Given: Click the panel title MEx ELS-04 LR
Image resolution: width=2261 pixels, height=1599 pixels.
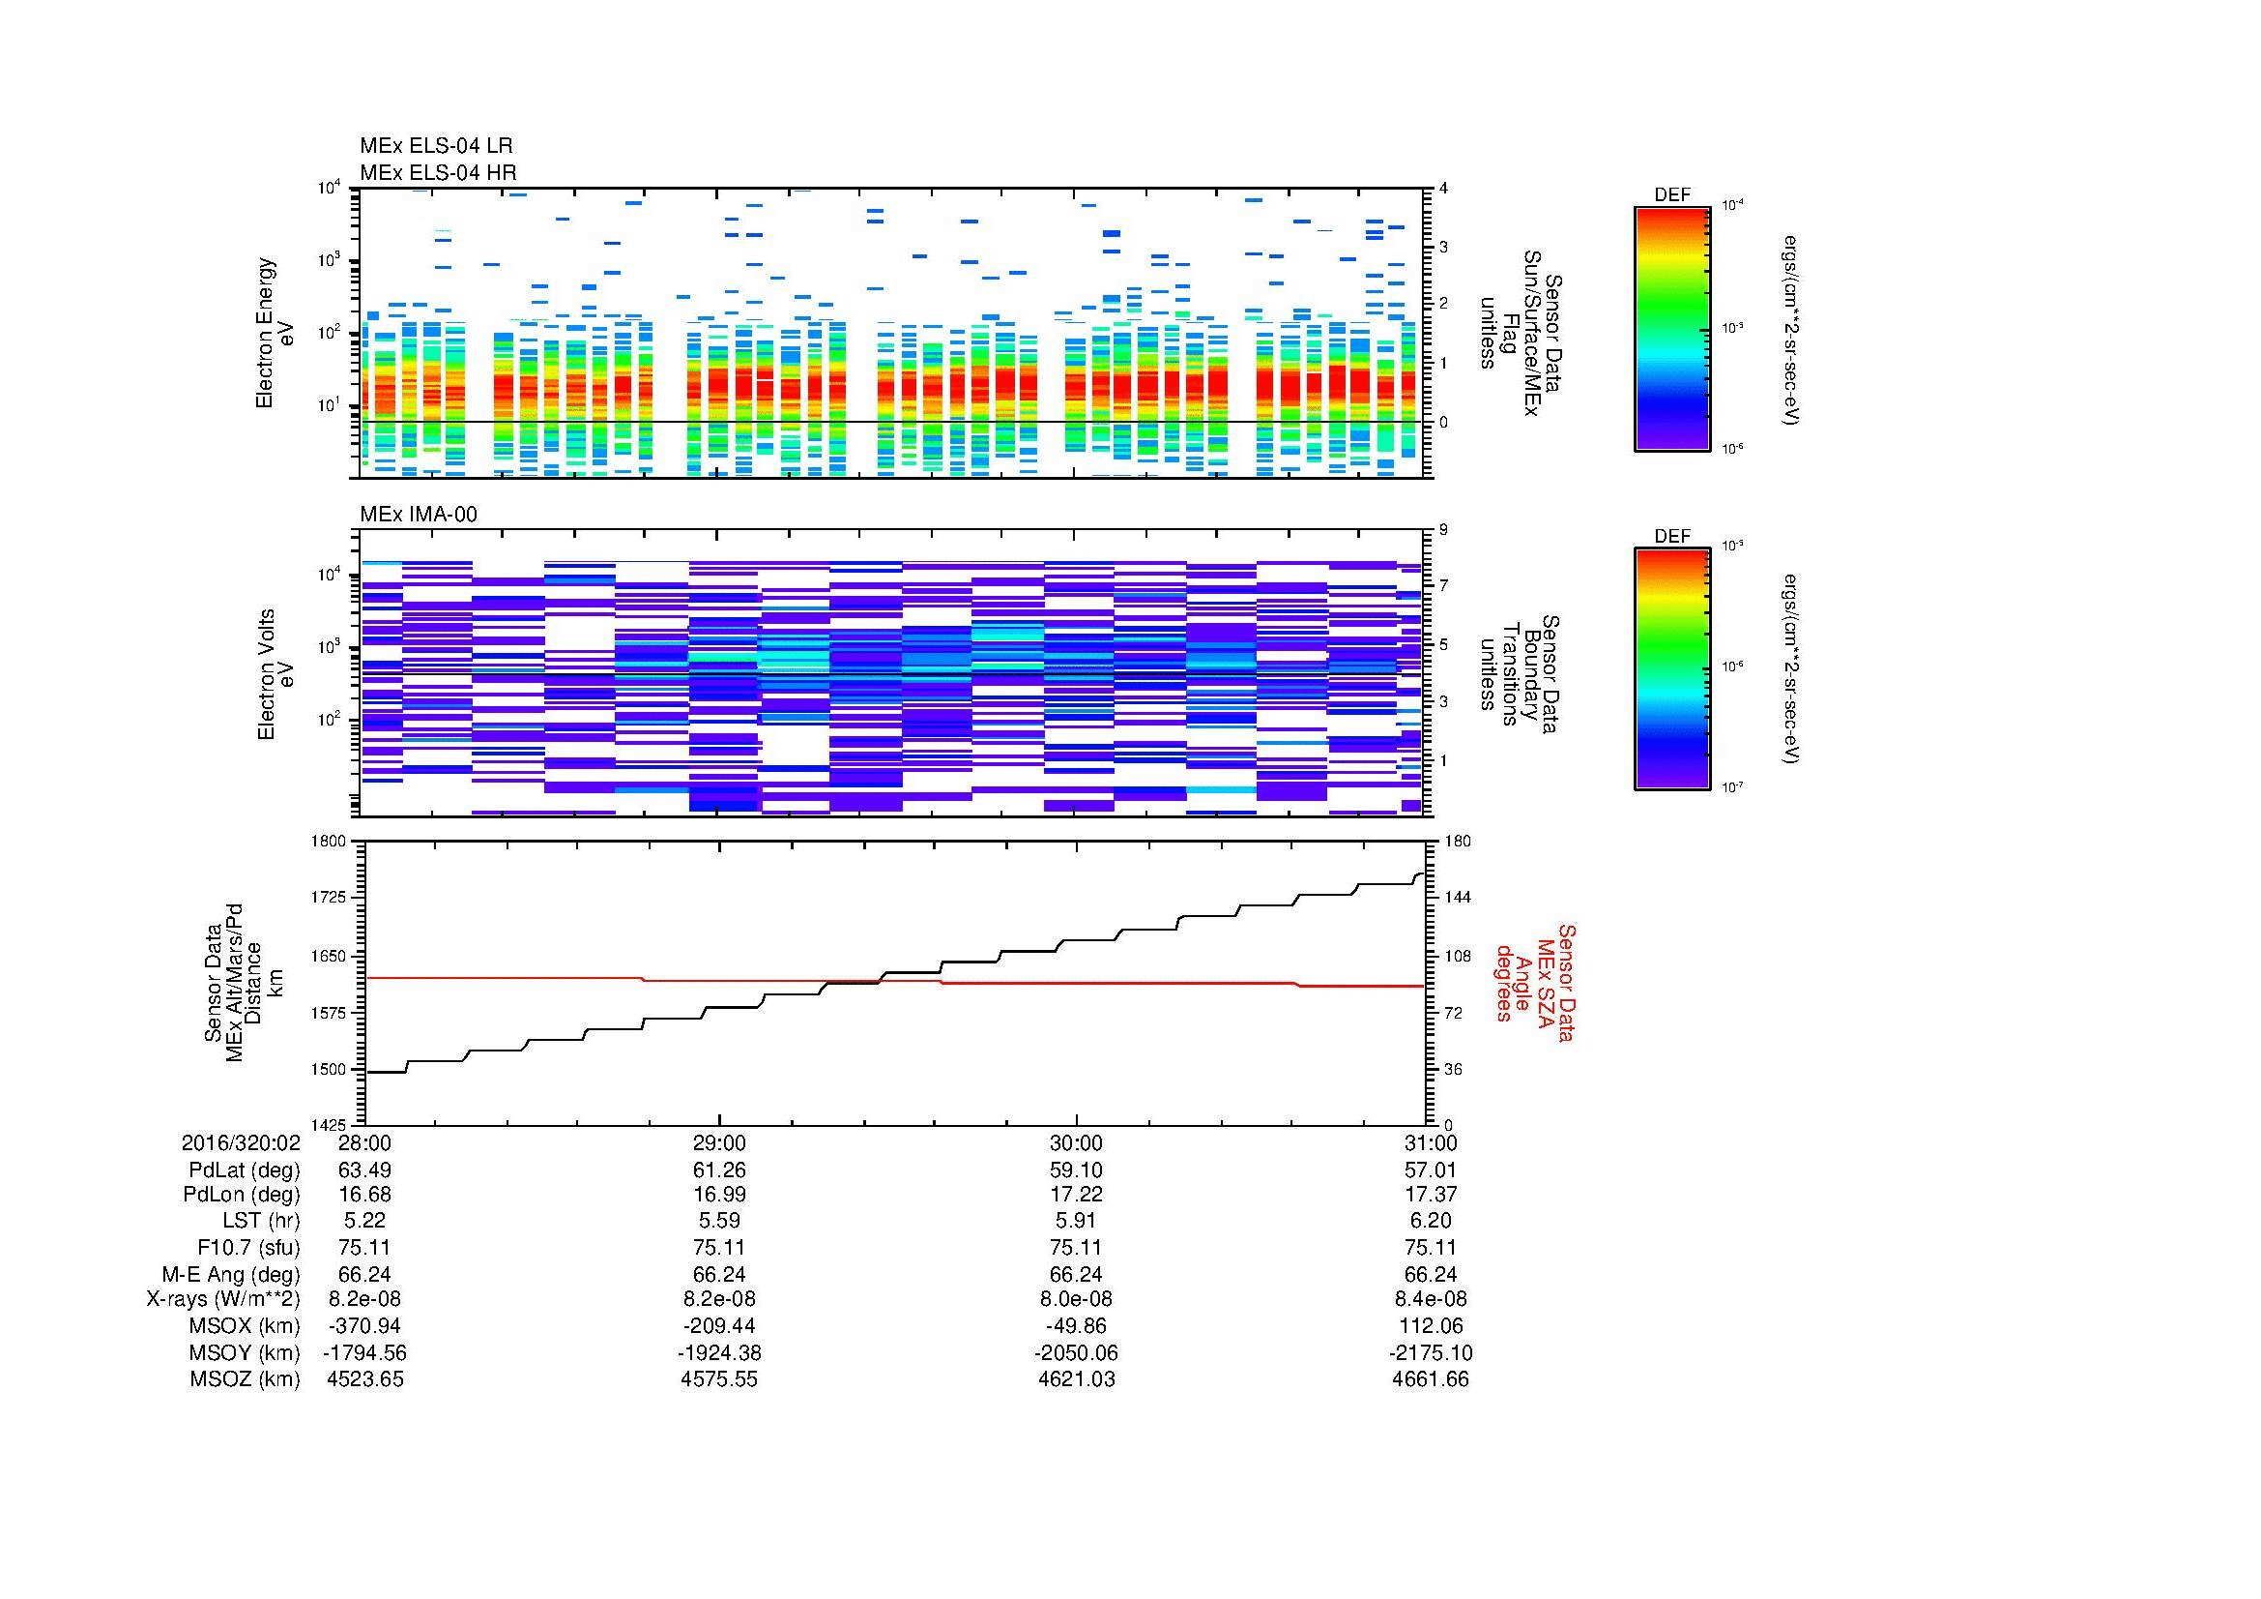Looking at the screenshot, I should click(x=435, y=146).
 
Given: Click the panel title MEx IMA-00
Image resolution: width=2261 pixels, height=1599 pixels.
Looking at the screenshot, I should click(x=418, y=515).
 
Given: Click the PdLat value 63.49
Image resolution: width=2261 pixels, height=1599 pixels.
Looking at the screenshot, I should click(x=364, y=1170).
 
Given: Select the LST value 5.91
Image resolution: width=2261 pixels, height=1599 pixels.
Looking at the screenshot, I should click(x=1075, y=1222).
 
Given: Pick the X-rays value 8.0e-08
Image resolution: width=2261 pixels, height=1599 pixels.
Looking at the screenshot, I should click(x=1075, y=1299).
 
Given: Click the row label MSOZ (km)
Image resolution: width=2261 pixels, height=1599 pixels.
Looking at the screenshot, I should click(x=245, y=1379).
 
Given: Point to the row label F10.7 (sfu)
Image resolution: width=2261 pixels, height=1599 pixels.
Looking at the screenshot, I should click(x=247, y=1248).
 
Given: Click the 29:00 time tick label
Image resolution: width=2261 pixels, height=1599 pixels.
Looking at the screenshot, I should click(x=720, y=1143).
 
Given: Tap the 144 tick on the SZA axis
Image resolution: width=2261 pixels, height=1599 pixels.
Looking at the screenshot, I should click(x=1457, y=898).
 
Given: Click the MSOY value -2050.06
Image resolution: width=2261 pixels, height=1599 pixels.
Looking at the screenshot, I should click(x=1075, y=1352).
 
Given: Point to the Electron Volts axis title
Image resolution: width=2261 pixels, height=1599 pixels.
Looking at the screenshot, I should click(x=266, y=674).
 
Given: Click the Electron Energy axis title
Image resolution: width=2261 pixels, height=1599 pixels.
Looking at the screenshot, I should click(x=266, y=333).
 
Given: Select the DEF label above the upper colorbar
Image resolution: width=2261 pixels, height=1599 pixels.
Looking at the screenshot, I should click(x=1671, y=195).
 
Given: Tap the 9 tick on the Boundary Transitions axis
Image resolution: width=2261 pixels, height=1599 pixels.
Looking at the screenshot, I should click(x=1443, y=530).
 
